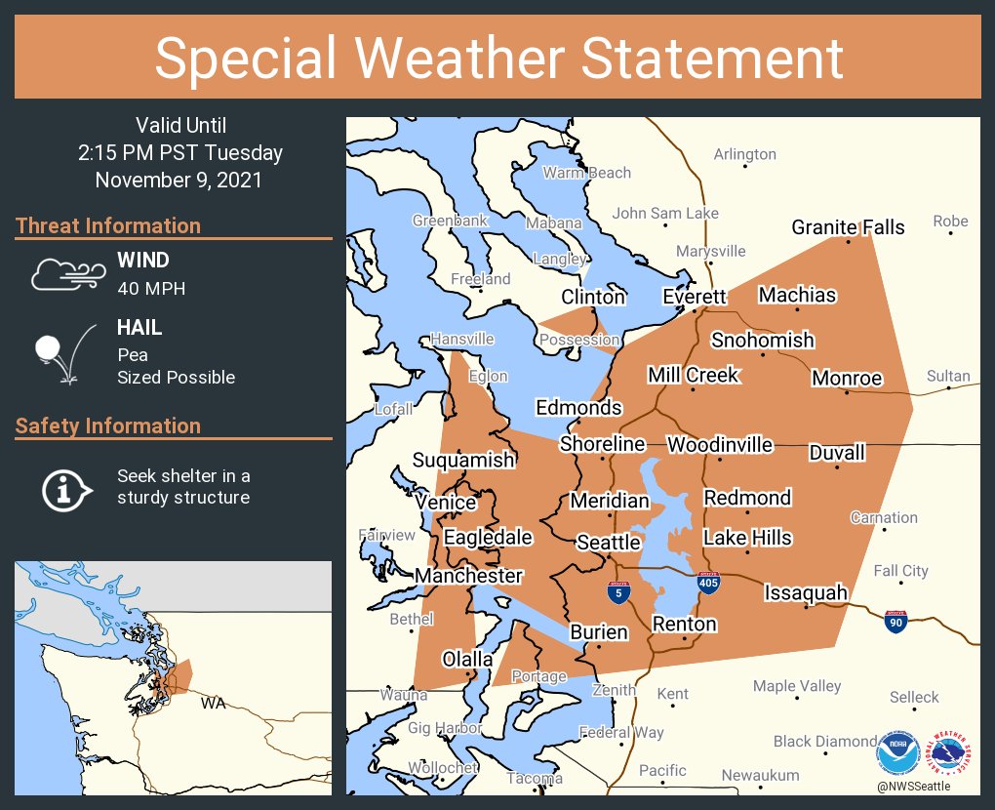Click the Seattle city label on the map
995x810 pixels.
pos(608,543)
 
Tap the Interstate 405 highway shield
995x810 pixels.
pos(710,584)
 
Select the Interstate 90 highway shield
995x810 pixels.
pos(894,621)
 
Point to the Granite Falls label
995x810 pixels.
pos(848,227)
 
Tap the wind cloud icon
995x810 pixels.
pos(65,274)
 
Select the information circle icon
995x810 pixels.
pos(64,488)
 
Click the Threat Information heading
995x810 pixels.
pos(108,225)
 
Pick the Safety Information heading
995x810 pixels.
pos(108,425)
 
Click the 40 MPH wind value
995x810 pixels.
pos(151,288)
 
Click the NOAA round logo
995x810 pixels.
pos(896,752)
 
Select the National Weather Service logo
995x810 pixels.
pos(951,752)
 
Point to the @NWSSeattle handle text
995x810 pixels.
pos(913,786)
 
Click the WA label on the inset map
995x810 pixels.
pos(212,703)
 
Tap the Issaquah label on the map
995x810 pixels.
pos(805,593)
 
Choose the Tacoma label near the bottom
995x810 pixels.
pos(535,778)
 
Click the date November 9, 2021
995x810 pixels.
pos(179,180)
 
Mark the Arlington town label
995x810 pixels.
pos(744,154)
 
